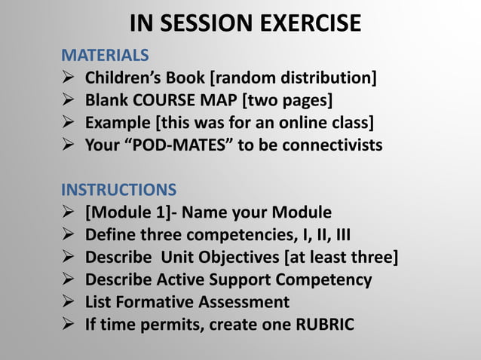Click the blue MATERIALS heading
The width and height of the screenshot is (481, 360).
(104, 56)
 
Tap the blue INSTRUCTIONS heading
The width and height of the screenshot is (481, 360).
(118, 188)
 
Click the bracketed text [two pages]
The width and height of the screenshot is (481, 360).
(286, 100)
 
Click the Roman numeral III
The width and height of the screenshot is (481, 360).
(342, 233)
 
